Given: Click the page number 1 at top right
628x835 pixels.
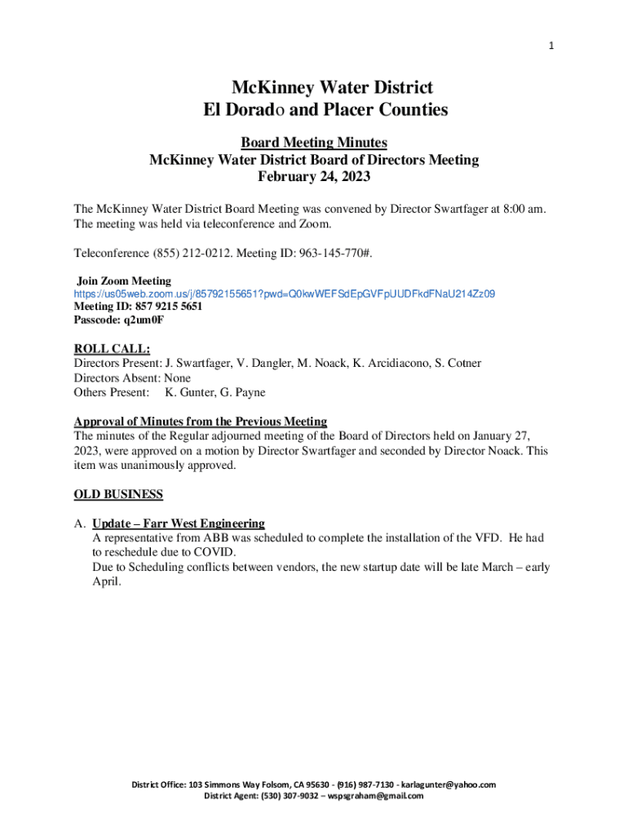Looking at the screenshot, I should click(551, 46).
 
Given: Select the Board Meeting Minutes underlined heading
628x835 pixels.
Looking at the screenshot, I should click(314, 143).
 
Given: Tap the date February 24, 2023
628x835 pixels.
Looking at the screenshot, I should click(313, 176).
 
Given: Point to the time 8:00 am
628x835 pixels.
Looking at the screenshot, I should click(519, 210).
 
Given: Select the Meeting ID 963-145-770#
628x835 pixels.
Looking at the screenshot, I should click(335, 252).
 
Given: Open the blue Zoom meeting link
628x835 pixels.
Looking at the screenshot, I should click(285, 294).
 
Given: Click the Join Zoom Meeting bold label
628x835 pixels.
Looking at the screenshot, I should click(124, 281).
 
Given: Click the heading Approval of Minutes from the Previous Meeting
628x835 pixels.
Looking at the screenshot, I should click(201, 422).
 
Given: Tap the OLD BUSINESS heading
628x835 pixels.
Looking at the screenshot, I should click(118, 494).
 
